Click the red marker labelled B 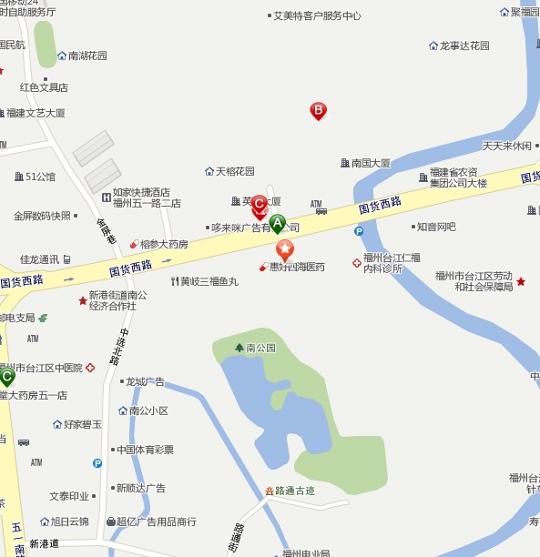pyautogui.click(x=319, y=110)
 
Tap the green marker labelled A pyautogui.click(x=278, y=222)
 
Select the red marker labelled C pyautogui.click(x=259, y=205)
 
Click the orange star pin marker pyautogui.click(x=285, y=248)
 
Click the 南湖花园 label pyautogui.click(x=87, y=56)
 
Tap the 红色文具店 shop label pyautogui.click(x=45, y=87)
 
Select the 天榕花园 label pyautogui.click(x=234, y=171)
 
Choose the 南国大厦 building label pyautogui.click(x=371, y=164)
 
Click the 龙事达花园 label pyautogui.click(x=464, y=46)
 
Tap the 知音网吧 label pyautogui.click(x=435, y=227)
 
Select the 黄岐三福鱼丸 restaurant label pyautogui.click(x=209, y=281)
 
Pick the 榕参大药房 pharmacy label pyautogui.click(x=164, y=244)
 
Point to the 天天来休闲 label pyautogui.click(x=506, y=146)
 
